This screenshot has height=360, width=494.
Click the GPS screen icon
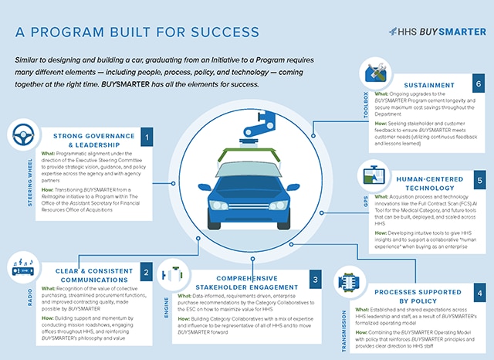pos(376,178)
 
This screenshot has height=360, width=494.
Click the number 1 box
pos(147,137)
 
